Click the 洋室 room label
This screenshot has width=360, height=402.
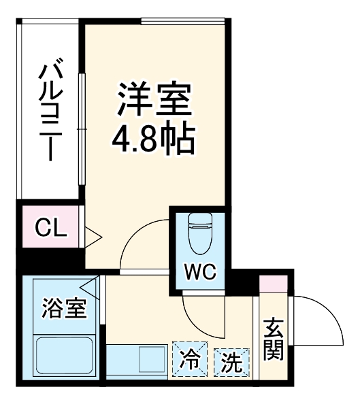pyautogui.click(x=154, y=100)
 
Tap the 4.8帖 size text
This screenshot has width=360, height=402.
pyautogui.click(x=153, y=139)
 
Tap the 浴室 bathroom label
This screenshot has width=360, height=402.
pyautogui.click(x=65, y=308)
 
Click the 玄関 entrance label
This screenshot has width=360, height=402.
pyautogui.click(x=274, y=340)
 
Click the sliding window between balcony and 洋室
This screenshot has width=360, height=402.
pyautogui.click(x=82, y=129)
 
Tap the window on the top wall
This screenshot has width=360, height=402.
pyautogui.click(x=184, y=21)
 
